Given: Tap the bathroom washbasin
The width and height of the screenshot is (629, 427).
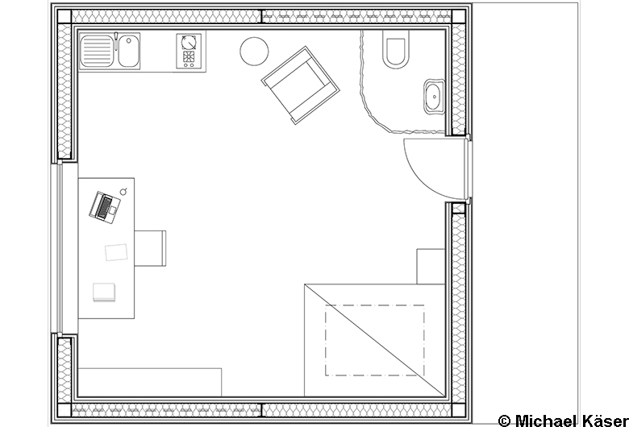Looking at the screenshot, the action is point(435,96).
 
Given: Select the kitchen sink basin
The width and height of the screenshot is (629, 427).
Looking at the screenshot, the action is point(128,51).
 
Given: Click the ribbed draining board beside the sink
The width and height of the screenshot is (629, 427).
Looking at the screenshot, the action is point(97,51).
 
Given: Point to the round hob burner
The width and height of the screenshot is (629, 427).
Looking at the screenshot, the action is point(188,42).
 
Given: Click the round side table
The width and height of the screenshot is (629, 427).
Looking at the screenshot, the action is point(254,51).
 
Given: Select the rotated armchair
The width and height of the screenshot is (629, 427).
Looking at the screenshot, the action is point(301,85).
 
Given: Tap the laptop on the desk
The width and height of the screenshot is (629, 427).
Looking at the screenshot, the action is point(105,206).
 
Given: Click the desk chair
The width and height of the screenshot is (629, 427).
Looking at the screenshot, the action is point(150,248).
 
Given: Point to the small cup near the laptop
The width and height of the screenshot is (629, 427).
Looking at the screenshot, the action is point(124,191).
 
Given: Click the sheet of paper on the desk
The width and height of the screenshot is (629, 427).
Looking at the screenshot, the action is point(116,252).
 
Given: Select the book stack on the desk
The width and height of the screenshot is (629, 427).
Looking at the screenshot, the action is point(104,292).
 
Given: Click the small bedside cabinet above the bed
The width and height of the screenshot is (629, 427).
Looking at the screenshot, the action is point(431,266).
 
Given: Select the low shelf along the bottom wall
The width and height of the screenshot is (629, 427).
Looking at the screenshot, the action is point(150,382).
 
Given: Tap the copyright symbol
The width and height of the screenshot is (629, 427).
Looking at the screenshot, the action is point(504,421).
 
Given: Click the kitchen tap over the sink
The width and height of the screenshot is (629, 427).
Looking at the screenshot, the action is point(116,40).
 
